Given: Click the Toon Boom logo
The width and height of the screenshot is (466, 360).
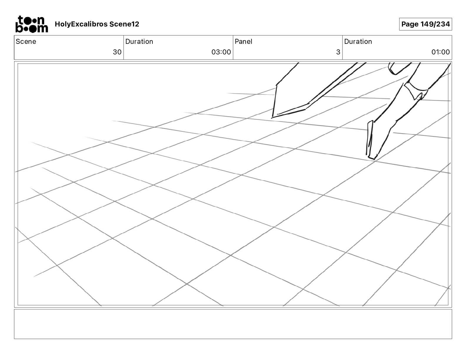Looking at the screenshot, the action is (31, 24).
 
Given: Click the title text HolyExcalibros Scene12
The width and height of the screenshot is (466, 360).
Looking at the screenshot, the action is (97, 24).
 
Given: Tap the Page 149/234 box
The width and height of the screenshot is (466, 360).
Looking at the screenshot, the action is (425, 24).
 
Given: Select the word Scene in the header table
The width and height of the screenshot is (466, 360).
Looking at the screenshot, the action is (26, 41).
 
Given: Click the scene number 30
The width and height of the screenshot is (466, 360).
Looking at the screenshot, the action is (117, 52).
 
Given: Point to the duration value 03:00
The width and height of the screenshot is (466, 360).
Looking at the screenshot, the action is (221, 52).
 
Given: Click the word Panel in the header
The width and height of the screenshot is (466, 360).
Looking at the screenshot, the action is (243, 41).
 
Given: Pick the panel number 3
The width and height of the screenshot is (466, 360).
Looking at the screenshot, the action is (338, 52).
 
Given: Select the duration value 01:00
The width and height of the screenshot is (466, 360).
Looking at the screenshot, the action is (440, 52).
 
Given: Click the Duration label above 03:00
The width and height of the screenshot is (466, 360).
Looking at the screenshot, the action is (139, 41).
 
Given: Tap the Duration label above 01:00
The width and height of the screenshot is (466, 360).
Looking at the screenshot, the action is (358, 41).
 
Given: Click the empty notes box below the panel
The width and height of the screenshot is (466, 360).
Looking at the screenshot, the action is (233, 324).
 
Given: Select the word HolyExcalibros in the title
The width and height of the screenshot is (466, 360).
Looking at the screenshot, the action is (81, 24).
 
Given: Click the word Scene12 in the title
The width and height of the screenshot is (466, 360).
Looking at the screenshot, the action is (124, 24).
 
